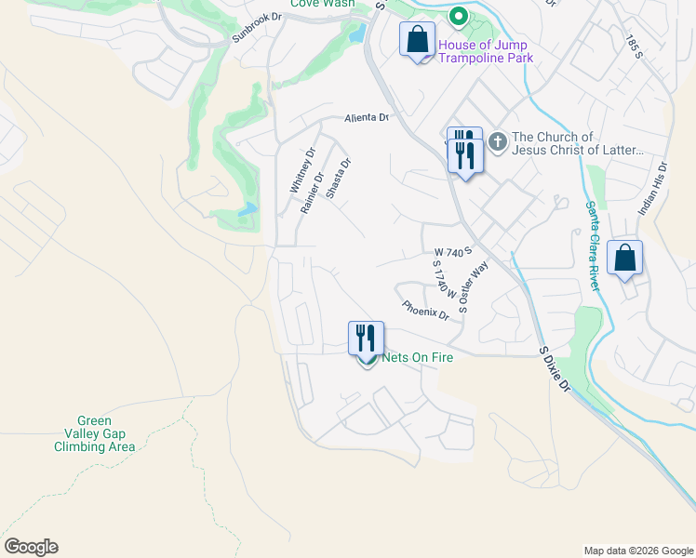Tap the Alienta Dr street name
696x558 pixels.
(x=366, y=118)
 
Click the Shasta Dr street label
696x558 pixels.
(x=339, y=179)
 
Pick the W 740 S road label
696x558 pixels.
(x=454, y=252)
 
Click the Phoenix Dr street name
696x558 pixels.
(x=425, y=310)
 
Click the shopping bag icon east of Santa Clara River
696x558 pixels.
(x=625, y=258)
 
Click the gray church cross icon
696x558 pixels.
(x=497, y=141)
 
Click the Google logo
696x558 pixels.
(x=31, y=547)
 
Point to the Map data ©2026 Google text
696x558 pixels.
(x=638, y=551)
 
